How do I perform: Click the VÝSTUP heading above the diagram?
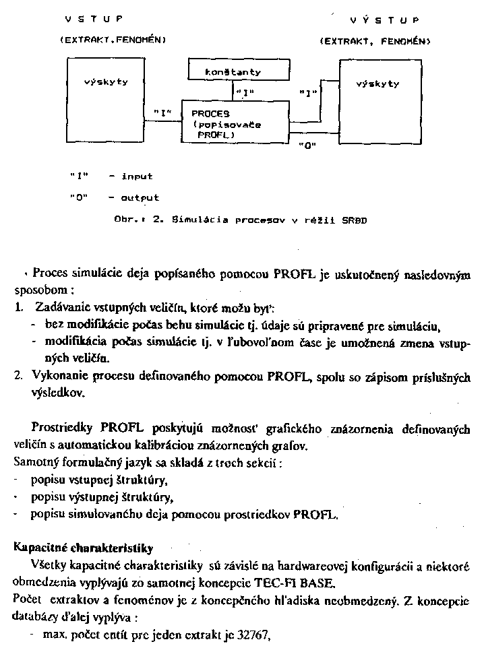(382, 20)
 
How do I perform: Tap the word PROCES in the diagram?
(211, 114)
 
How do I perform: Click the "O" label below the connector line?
(307, 144)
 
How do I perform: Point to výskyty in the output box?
(377, 84)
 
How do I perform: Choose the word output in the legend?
(140, 198)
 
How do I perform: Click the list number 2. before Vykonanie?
(19, 377)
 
